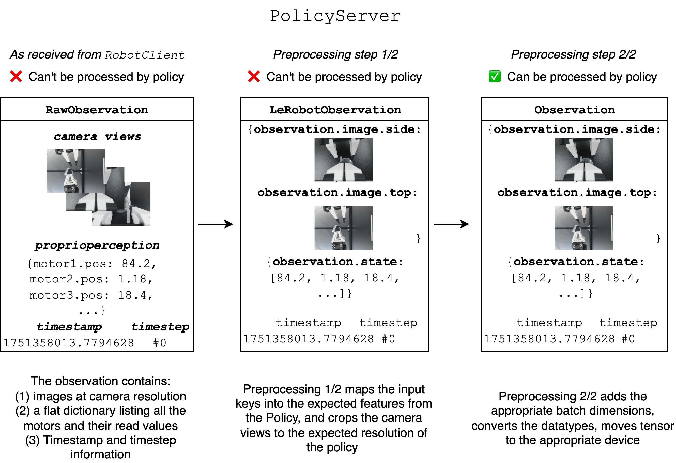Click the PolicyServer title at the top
click(335, 16)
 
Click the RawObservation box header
click(97, 110)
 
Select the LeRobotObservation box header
click(335, 110)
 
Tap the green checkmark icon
click(495, 77)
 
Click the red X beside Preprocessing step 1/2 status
click(254, 77)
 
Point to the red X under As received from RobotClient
click(16, 77)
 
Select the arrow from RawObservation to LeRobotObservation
click(216, 224)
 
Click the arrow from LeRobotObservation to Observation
click(451, 224)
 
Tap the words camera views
click(97, 136)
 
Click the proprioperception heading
click(97, 245)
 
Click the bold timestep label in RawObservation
click(160, 326)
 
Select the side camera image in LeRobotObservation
click(343, 160)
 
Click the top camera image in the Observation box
click(583, 228)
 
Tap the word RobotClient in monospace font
click(145, 55)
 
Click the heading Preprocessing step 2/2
click(573, 54)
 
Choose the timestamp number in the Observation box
click(549, 339)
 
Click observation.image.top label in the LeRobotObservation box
click(337, 193)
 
